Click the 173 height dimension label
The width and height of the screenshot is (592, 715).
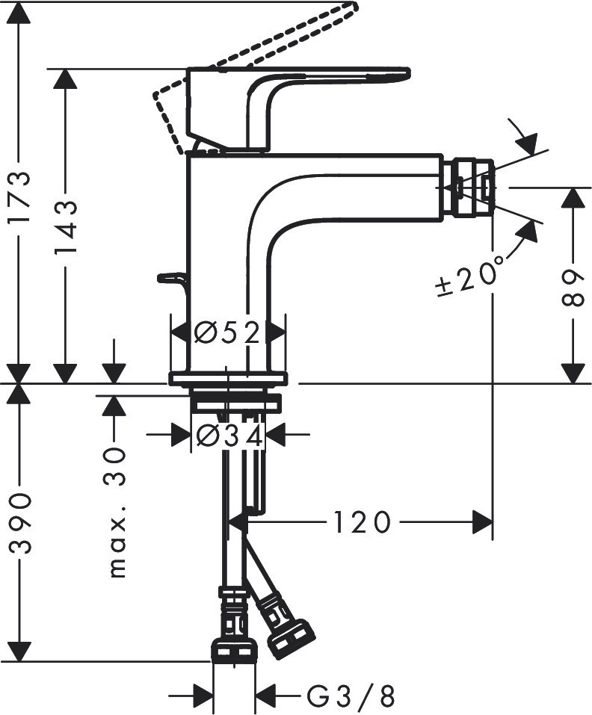tap(20, 199)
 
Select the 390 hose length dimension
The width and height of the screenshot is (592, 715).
tap(20, 523)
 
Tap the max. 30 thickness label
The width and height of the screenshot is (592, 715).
tap(116, 513)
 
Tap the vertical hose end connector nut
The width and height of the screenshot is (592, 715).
tap(234, 650)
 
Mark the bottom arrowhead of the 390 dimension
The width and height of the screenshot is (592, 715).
tap(20, 650)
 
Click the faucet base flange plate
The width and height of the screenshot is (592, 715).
tap(228, 378)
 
